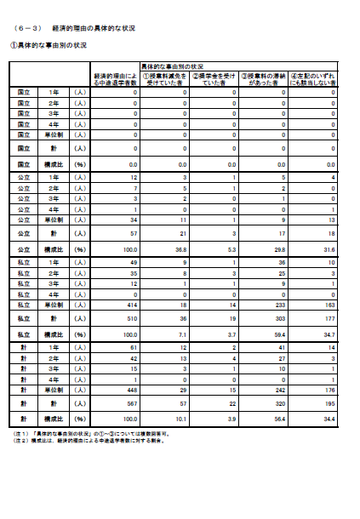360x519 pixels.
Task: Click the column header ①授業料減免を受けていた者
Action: (x=165, y=79)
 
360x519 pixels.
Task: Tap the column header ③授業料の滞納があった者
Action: (x=263, y=79)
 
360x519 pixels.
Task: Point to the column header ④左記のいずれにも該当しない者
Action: (x=312, y=79)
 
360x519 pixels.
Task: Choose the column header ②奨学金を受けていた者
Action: (x=214, y=79)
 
